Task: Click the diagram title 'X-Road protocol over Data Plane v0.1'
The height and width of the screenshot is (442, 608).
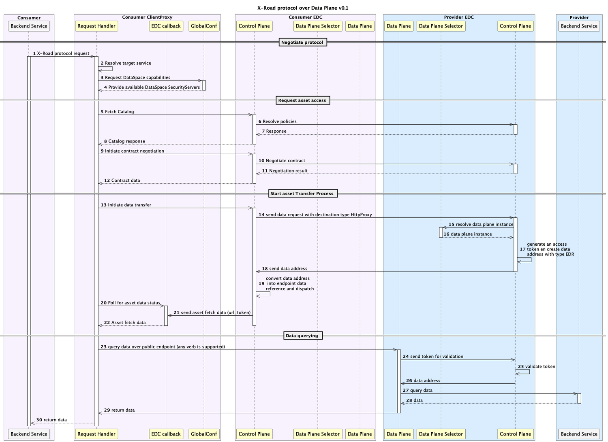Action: [303, 8]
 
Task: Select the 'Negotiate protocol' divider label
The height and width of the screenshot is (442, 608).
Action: [302, 42]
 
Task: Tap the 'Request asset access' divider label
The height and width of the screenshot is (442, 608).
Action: [302, 100]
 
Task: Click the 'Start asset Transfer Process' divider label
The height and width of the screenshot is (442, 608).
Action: [302, 193]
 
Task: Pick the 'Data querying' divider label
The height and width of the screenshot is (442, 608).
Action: [302, 336]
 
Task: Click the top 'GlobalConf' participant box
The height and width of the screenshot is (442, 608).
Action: [204, 26]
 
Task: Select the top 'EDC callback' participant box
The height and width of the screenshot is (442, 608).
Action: [166, 26]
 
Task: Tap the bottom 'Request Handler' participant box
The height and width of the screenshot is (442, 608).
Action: [96, 434]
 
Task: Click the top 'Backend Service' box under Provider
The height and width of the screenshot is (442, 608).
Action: [579, 26]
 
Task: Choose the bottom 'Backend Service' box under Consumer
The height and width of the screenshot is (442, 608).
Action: [29, 434]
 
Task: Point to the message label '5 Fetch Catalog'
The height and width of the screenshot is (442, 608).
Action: [118, 112]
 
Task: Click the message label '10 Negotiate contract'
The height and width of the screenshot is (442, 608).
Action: [282, 161]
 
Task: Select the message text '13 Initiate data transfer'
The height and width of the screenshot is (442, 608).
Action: [126, 205]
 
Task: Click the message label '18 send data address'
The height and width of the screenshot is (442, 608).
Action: [285, 268]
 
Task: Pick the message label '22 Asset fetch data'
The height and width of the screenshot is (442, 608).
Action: [125, 323]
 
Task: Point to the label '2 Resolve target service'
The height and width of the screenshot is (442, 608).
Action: [126, 63]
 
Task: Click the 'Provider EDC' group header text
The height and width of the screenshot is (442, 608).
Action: [459, 17]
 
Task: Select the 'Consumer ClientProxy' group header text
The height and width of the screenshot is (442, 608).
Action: [147, 17]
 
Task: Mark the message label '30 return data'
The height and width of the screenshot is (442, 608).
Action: [51, 420]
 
